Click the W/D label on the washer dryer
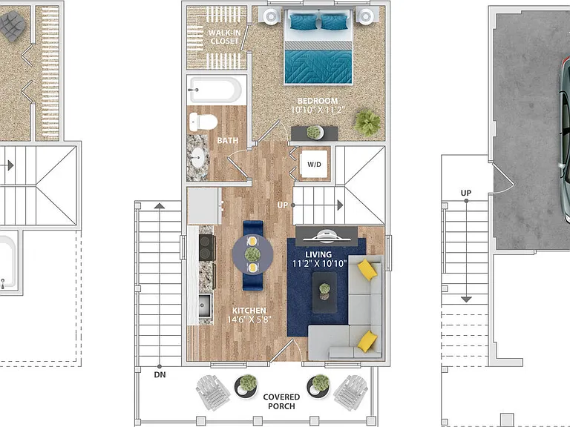pos(314,165)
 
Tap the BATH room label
pos(228,141)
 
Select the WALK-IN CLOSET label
pos(224,36)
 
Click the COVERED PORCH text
pos(281,401)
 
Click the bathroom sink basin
pos(197,158)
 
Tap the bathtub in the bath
pos(214,90)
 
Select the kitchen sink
pos(205,305)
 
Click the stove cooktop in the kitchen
pos(207,247)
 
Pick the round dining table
pos(252,254)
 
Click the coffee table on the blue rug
pos(324,292)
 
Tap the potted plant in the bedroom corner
pos(367,122)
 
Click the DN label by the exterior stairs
pos(160,374)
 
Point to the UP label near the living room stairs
pos(283,205)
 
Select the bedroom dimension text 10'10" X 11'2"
pos(318,110)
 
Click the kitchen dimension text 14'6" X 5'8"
pos(249,320)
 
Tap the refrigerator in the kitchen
pos(204,206)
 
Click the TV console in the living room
pos(327,236)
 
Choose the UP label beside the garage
pos(466,193)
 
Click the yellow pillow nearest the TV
pos(367,269)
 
